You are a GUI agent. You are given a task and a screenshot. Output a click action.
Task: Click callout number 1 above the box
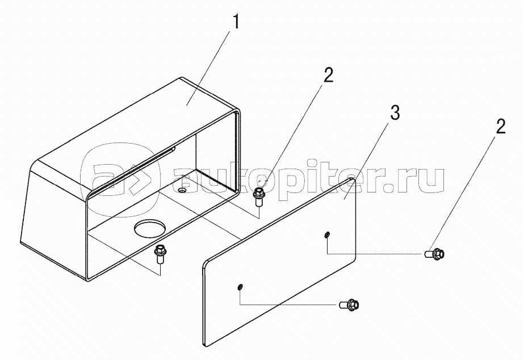(x=236, y=22)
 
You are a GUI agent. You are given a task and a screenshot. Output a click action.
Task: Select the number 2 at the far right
(x=500, y=126)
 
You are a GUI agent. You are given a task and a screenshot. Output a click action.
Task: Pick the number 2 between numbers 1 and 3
(x=329, y=76)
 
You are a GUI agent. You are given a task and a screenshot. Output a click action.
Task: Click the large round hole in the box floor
(x=149, y=228)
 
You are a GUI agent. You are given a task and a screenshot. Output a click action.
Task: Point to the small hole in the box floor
(x=182, y=190)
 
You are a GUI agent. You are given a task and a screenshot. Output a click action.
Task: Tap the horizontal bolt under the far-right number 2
(x=435, y=254)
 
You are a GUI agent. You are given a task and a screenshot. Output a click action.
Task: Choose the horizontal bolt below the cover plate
(x=349, y=304)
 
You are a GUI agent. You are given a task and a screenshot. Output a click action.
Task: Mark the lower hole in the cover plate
(x=240, y=287)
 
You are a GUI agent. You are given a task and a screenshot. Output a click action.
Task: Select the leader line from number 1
(x=208, y=68)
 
